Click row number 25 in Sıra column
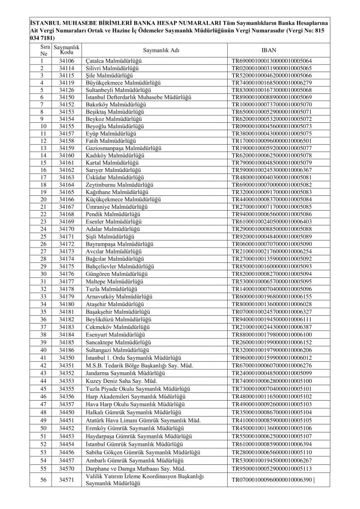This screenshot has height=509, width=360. pos(43,237)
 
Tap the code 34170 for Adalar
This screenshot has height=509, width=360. pos(66,229)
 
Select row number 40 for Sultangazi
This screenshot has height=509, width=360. pos(43,348)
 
